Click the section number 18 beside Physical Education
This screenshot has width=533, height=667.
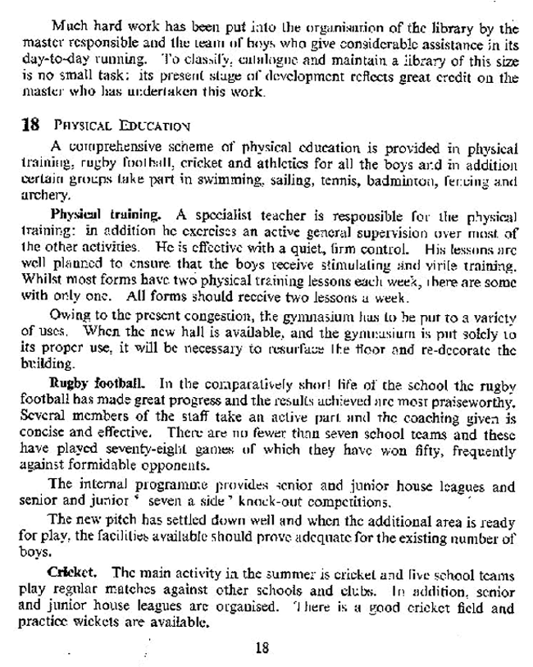30,128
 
